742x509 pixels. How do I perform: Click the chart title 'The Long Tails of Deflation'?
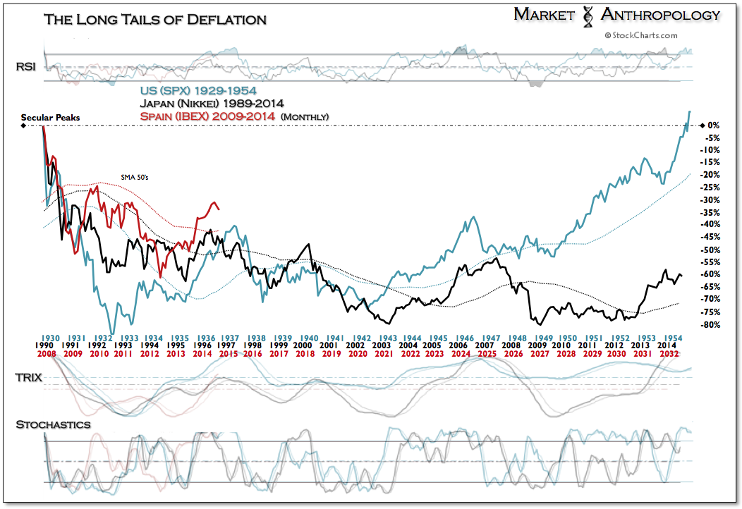point(155,20)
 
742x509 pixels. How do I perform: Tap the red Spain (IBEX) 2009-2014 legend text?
point(207,116)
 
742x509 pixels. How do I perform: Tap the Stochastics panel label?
point(54,424)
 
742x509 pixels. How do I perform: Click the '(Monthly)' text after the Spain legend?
point(305,117)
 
